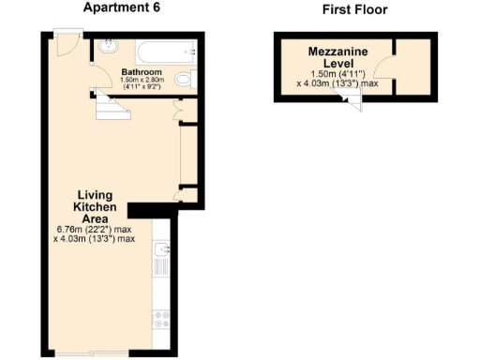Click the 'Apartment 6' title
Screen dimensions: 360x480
point(122,9)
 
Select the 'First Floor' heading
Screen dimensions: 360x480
point(353,10)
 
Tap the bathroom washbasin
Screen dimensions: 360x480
point(107,46)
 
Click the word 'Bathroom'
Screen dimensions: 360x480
point(142,71)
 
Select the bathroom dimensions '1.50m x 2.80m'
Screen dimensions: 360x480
point(142,81)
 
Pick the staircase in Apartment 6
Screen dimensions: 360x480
point(111,108)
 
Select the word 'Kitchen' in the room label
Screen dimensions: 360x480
point(95,207)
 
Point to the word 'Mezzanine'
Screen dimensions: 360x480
point(337,52)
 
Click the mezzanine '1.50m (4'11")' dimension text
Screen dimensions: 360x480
point(337,74)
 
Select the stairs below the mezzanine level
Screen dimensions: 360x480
point(354,103)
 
